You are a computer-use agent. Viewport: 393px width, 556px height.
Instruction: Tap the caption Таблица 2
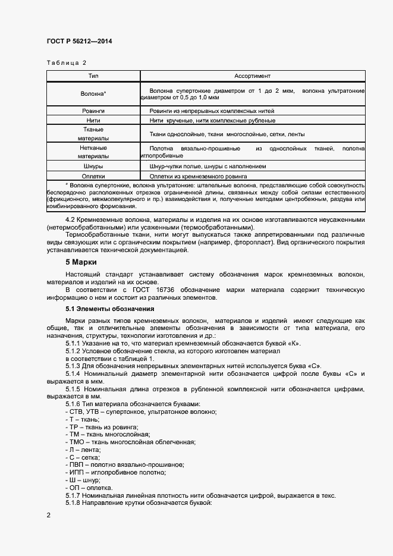click(x=66, y=62)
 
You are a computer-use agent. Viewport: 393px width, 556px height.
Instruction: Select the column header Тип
click(x=93, y=76)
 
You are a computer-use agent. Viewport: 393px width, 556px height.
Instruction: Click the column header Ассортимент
click(x=252, y=76)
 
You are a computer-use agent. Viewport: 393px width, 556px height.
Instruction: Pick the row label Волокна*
click(x=93, y=94)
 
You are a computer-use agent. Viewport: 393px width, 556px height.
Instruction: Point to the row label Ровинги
click(x=93, y=111)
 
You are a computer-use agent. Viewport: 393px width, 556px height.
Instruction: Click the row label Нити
click(x=93, y=120)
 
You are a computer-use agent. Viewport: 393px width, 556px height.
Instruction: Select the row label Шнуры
click(x=93, y=167)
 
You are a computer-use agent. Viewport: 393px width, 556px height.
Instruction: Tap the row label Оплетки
click(x=93, y=176)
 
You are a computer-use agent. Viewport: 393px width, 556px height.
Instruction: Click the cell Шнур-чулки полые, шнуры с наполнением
click(x=207, y=167)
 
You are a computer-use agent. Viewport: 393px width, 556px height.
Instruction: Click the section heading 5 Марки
click(x=81, y=262)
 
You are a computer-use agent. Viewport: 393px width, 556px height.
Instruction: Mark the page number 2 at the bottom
click(x=48, y=516)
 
